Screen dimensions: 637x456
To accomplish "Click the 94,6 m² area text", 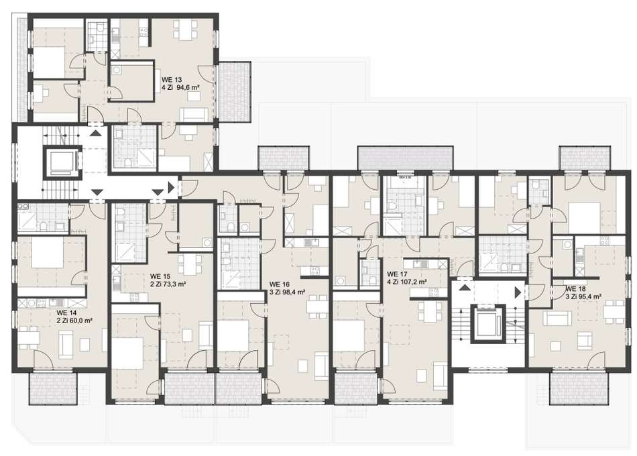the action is [188, 87].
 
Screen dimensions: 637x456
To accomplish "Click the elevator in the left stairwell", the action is [60, 162].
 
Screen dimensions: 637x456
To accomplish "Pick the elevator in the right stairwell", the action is [487, 323].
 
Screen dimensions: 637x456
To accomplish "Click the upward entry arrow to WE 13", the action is [95, 133].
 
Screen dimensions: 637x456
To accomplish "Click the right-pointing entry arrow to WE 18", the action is [518, 292].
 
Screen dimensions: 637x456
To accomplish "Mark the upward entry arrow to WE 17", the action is [465, 288].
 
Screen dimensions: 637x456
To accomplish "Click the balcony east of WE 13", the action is [234, 91].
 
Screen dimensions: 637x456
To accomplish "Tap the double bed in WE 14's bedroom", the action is [48, 252].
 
